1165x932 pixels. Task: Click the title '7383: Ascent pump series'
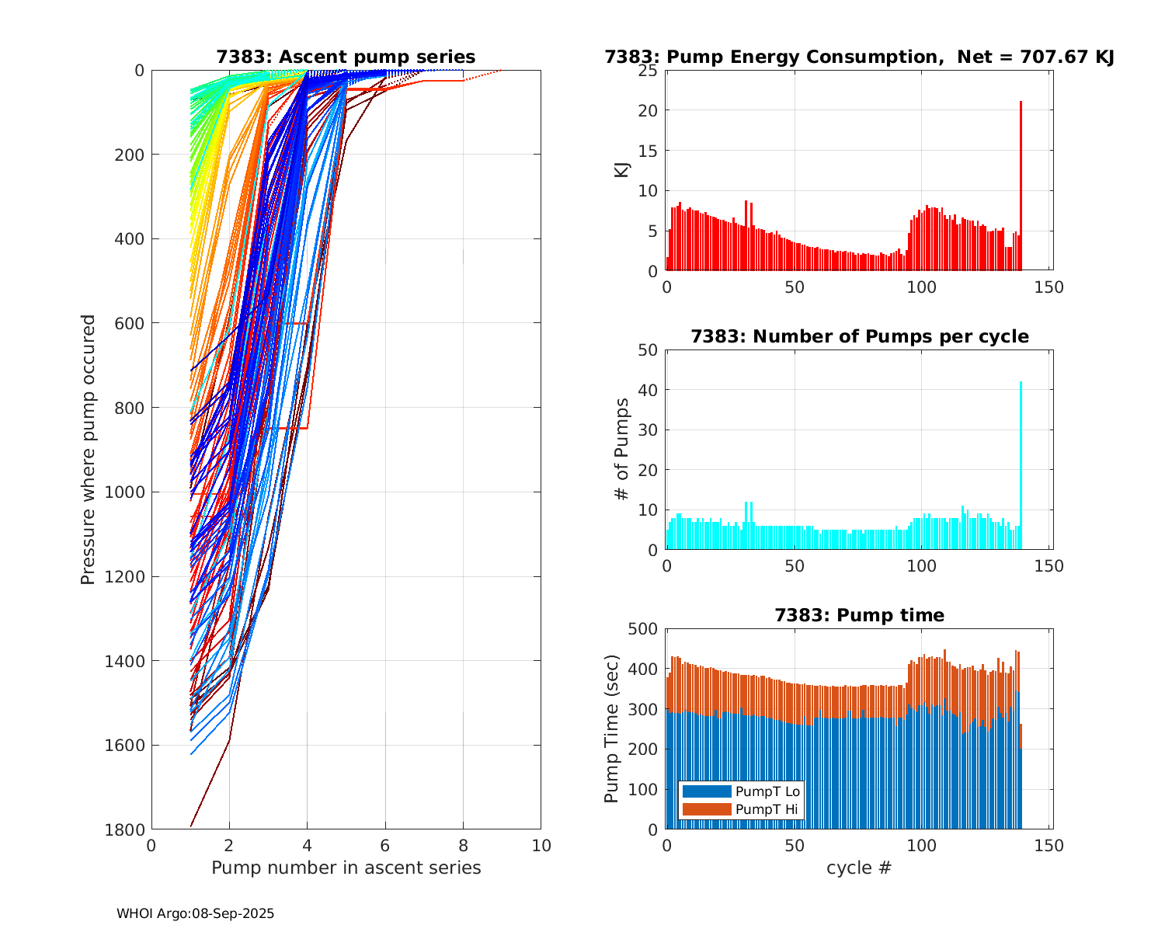click(346, 57)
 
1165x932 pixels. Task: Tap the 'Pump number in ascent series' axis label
click(346, 868)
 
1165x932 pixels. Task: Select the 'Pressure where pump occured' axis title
click(89, 449)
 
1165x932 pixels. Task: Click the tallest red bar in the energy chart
click(1021, 186)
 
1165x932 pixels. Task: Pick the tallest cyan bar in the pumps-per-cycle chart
click(1021, 466)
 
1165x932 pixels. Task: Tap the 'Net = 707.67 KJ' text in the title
click(1036, 57)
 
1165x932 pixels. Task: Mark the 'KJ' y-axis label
click(622, 169)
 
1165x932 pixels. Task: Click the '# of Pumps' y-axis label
click(622, 449)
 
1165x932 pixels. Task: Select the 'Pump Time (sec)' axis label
click(613, 729)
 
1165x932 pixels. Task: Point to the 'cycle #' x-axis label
click(858, 868)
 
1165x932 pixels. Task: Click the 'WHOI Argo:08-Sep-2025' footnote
click(196, 914)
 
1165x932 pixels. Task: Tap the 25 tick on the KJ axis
click(648, 71)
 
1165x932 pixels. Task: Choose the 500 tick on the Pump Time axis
click(643, 629)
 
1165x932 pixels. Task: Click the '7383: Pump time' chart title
click(859, 615)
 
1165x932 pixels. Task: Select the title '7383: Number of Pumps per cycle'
click(859, 336)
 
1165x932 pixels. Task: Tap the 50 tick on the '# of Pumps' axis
click(648, 350)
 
